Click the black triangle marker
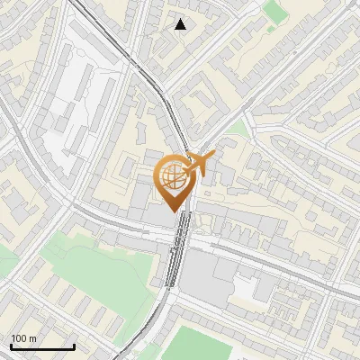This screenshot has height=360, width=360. click(181, 24)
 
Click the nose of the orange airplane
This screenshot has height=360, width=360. click(213, 155)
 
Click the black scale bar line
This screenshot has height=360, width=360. click(42, 346)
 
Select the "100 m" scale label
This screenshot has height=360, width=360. click(23, 338)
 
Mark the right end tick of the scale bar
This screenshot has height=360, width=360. click(74, 345)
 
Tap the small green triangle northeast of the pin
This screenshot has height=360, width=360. click(236, 129)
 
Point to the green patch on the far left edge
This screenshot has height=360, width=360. click(4, 261)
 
